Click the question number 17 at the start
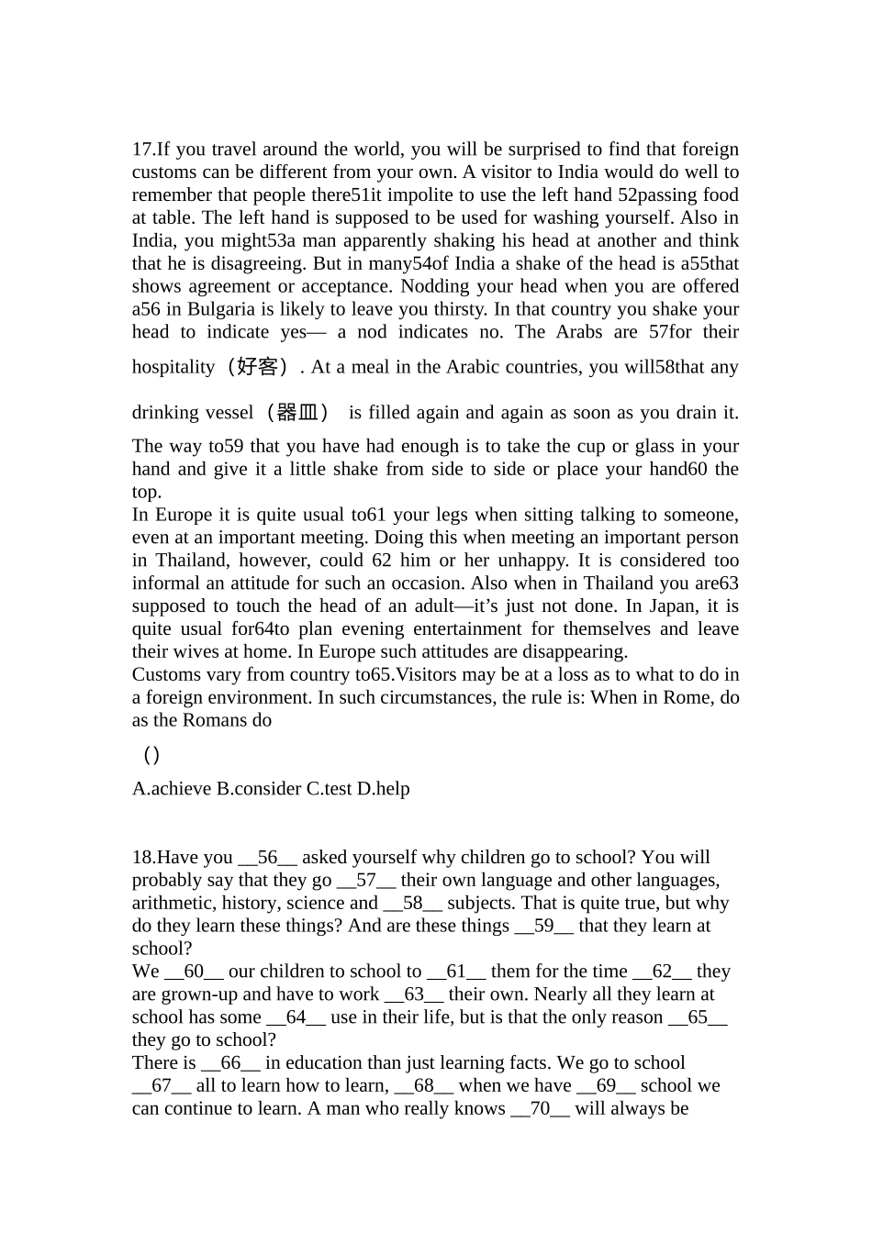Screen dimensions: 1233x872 141,150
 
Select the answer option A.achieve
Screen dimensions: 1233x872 172,789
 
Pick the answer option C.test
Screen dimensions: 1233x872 329,789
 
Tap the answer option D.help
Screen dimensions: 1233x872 384,789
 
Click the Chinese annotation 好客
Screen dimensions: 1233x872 257,367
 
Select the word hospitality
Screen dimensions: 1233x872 173,367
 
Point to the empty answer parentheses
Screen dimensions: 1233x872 152,755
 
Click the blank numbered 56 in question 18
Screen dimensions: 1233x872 267,858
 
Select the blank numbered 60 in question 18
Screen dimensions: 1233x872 194,972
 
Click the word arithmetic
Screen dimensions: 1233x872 173,904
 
